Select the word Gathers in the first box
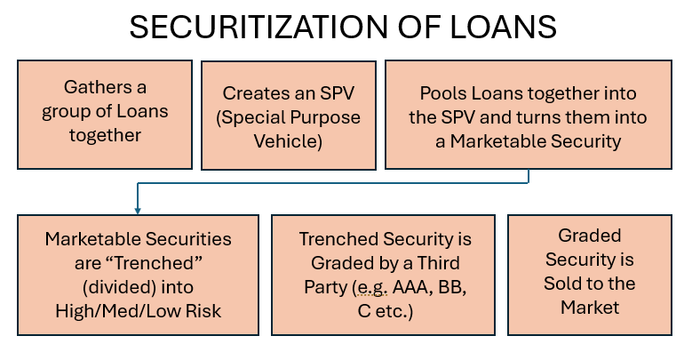[92, 87]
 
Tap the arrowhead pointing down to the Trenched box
[138, 209]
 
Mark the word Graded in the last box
[590, 236]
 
